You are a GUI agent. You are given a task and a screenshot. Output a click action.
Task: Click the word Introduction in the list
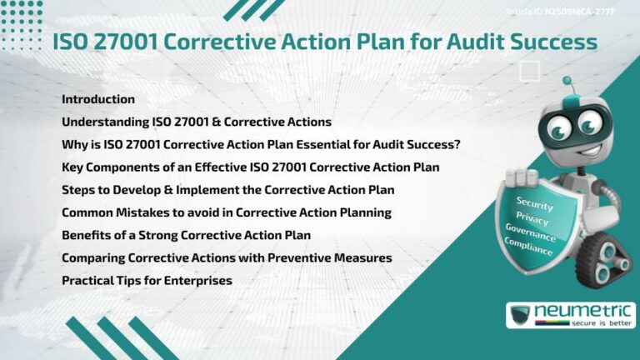(98, 99)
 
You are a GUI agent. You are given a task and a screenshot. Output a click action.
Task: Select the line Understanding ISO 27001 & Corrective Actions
(197, 122)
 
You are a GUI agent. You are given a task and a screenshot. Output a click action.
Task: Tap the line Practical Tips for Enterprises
(147, 281)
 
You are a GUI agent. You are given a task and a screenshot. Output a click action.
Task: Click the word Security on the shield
(534, 202)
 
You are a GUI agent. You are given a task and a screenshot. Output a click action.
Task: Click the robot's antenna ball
(567, 81)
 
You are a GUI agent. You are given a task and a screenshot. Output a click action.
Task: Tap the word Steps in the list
(79, 190)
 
